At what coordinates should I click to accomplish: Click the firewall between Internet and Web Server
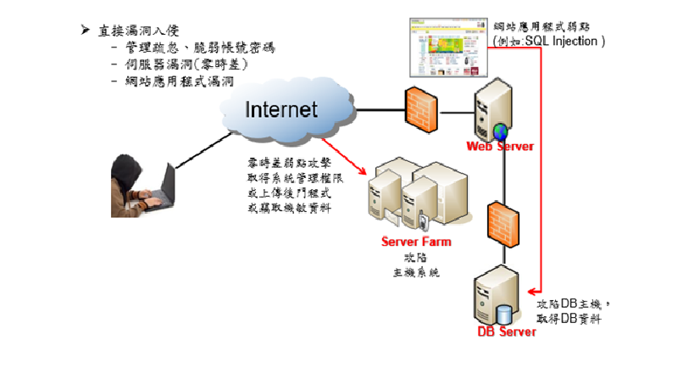(x=420, y=107)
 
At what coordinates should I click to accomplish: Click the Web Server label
(x=500, y=147)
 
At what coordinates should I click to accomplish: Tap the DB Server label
(x=506, y=331)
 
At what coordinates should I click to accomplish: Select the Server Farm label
(x=416, y=242)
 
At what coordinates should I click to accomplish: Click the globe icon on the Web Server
(x=501, y=131)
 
